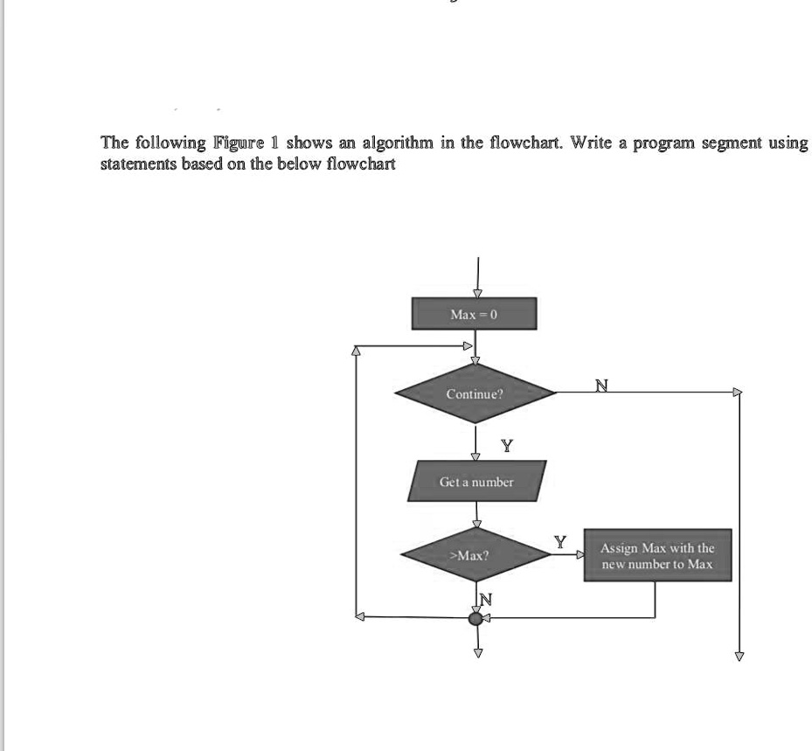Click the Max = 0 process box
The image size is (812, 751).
[x=474, y=313]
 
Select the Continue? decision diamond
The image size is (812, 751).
[x=475, y=393]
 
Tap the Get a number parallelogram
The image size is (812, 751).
[x=476, y=481]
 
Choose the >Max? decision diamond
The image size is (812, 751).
[x=475, y=554]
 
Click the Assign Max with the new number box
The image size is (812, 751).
[x=657, y=554]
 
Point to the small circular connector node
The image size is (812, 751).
[x=475, y=618]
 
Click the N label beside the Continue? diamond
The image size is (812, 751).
[x=601, y=386]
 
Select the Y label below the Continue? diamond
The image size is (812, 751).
[x=507, y=445]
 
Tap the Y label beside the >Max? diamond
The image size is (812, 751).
[x=560, y=542]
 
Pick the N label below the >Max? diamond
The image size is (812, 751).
[x=486, y=599]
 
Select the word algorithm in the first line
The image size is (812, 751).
[x=398, y=142]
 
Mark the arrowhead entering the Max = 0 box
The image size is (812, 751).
[x=478, y=293]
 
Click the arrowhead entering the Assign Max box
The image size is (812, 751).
[x=580, y=554]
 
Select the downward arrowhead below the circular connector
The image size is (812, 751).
[x=478, y=653]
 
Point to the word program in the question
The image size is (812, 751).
[x=664, y=143]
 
